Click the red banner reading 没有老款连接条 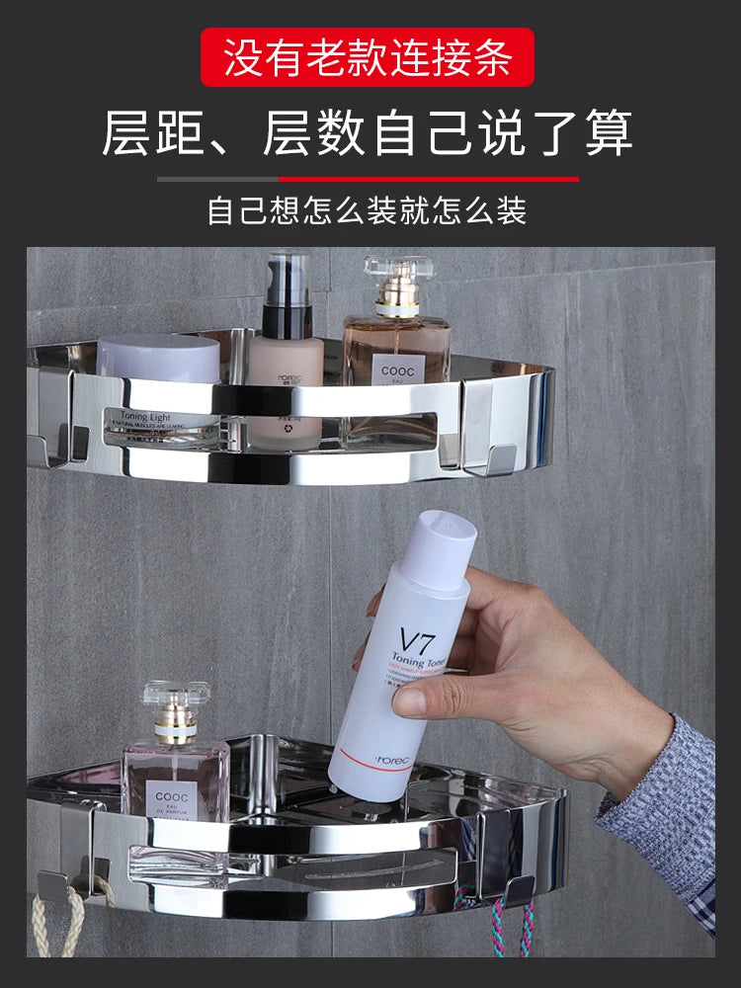pyautogui.click(x=368, y=56)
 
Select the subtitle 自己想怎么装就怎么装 pyautogui.click(x=368, y=210)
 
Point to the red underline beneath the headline pyautogui.click(x=429, y=179)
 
